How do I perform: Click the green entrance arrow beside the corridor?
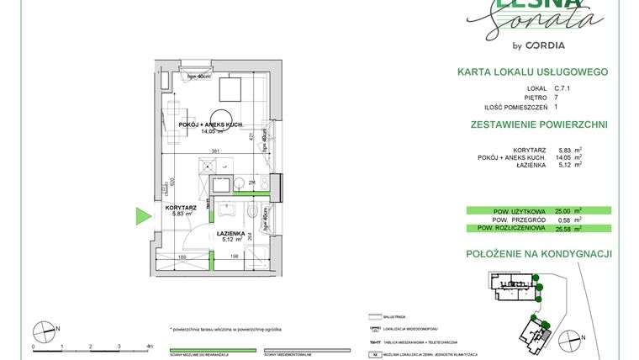click(144, 216)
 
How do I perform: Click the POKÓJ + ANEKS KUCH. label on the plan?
click(211, 124)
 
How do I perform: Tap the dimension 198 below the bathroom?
click(236, 257)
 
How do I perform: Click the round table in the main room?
click(223, 119)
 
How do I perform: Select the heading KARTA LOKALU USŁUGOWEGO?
click(531, 72)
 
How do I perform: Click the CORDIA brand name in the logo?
click(545, 45)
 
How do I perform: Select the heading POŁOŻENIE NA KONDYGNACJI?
click(538, 253)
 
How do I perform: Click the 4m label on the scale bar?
click(149, 346)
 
